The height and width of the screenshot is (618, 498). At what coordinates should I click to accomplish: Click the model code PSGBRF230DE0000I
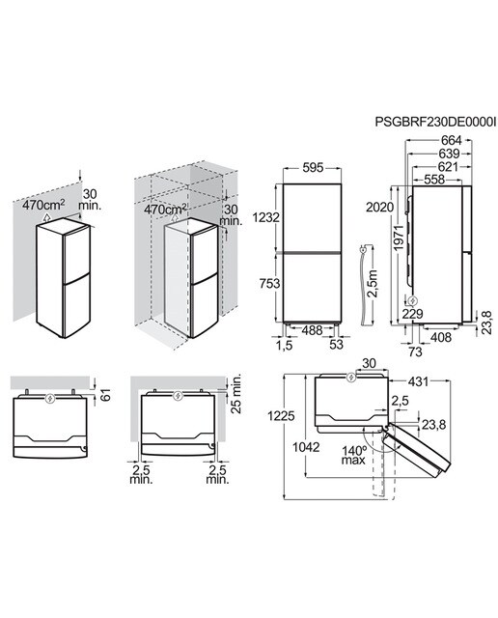[x=435, y=122]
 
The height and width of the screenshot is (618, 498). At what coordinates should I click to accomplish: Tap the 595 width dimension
[x=313, y=167]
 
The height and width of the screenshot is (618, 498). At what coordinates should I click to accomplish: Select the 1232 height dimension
[x=266, y=217]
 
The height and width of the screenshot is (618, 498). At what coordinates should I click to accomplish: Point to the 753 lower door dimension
[x=269, y=283]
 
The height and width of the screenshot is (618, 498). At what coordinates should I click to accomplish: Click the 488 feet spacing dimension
[x=312, y=330]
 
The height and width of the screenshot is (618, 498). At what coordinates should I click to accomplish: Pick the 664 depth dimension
[x=451, y=140]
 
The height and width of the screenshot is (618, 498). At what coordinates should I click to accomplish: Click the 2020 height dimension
[x=379, y=207]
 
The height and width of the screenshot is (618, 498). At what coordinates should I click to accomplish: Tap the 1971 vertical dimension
[x=399, y=239]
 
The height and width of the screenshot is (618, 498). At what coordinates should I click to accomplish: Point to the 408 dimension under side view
[x=440, y=337]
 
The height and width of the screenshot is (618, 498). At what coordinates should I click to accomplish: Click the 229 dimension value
[x=412, y=314]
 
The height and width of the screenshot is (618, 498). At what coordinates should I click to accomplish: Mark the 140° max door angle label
[x=353, y=455]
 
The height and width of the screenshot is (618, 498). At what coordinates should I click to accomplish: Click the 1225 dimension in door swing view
[x=281, y=416]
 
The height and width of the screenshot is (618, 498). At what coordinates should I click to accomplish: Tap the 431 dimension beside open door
[x=418, y=381]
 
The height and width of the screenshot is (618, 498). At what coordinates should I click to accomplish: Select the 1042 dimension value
[x=306, y=447]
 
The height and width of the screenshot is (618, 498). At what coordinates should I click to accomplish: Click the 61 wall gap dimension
[x=105, y=395]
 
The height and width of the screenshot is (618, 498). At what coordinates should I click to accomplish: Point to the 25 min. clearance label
[x=236, y=394]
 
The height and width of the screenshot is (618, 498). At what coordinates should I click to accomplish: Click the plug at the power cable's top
[x=363, y=249]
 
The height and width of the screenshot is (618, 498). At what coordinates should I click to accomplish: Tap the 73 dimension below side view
[x=415, y=351]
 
